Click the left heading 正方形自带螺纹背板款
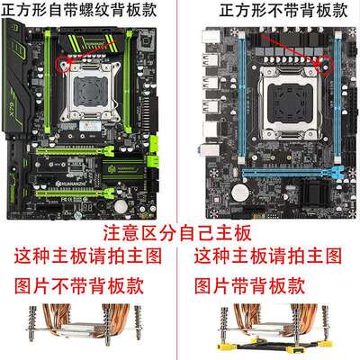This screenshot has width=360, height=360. tap(88, 12)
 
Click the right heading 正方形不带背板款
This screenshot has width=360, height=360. tap(269, 12)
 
